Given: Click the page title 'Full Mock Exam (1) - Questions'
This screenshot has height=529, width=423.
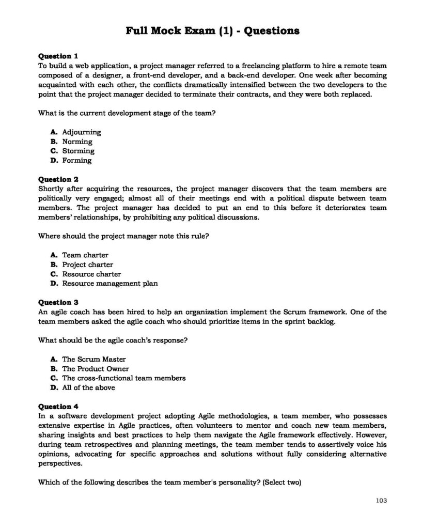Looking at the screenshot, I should coord(212,31).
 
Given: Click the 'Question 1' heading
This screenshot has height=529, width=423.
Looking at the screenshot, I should coord(58,56).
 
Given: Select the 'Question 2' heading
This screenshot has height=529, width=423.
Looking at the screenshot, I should coord(58,179).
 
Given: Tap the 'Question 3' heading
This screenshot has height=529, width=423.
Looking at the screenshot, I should coord(58,302).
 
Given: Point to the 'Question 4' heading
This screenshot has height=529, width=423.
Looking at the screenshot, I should coord(58,406).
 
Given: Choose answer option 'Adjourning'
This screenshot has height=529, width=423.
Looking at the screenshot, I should coord(81,132).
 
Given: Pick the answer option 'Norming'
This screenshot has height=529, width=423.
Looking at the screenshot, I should coord(77,142).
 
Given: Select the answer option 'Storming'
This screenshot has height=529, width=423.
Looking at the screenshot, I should coord(78,151).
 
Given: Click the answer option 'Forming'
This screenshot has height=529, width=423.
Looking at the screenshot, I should coord(76,160).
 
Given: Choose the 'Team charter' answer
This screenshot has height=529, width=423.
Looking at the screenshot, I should coord(85,255).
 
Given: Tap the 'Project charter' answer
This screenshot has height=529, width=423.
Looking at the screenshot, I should coord(87,264).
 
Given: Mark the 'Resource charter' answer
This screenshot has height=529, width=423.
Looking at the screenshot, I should coord(91,274).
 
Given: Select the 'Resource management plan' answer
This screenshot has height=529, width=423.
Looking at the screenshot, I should coord(109,283).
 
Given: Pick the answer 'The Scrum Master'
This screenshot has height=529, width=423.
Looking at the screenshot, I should coord(93,359).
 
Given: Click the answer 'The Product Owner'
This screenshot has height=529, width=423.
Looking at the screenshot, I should coord(96,369).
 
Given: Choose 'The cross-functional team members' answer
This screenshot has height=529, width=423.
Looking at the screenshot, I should coord(123,378).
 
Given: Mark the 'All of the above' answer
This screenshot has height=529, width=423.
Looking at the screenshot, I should coord(88,387).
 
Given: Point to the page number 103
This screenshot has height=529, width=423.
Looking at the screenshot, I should coord(381,500).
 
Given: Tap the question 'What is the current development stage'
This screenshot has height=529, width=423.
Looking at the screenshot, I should coord(126,113).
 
